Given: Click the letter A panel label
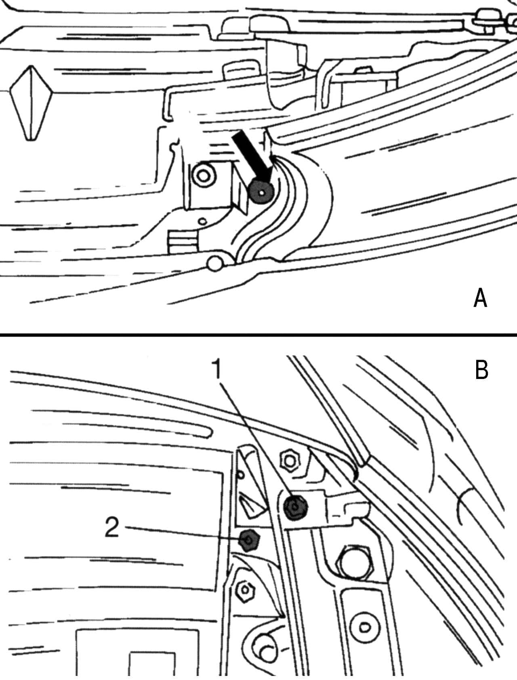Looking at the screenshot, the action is (480, 299).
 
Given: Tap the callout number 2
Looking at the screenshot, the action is (111, 528).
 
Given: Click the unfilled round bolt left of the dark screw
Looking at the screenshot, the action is (203, 175).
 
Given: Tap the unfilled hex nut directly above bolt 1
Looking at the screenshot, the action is (290, 460).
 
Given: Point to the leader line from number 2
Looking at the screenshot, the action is (182, 533).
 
